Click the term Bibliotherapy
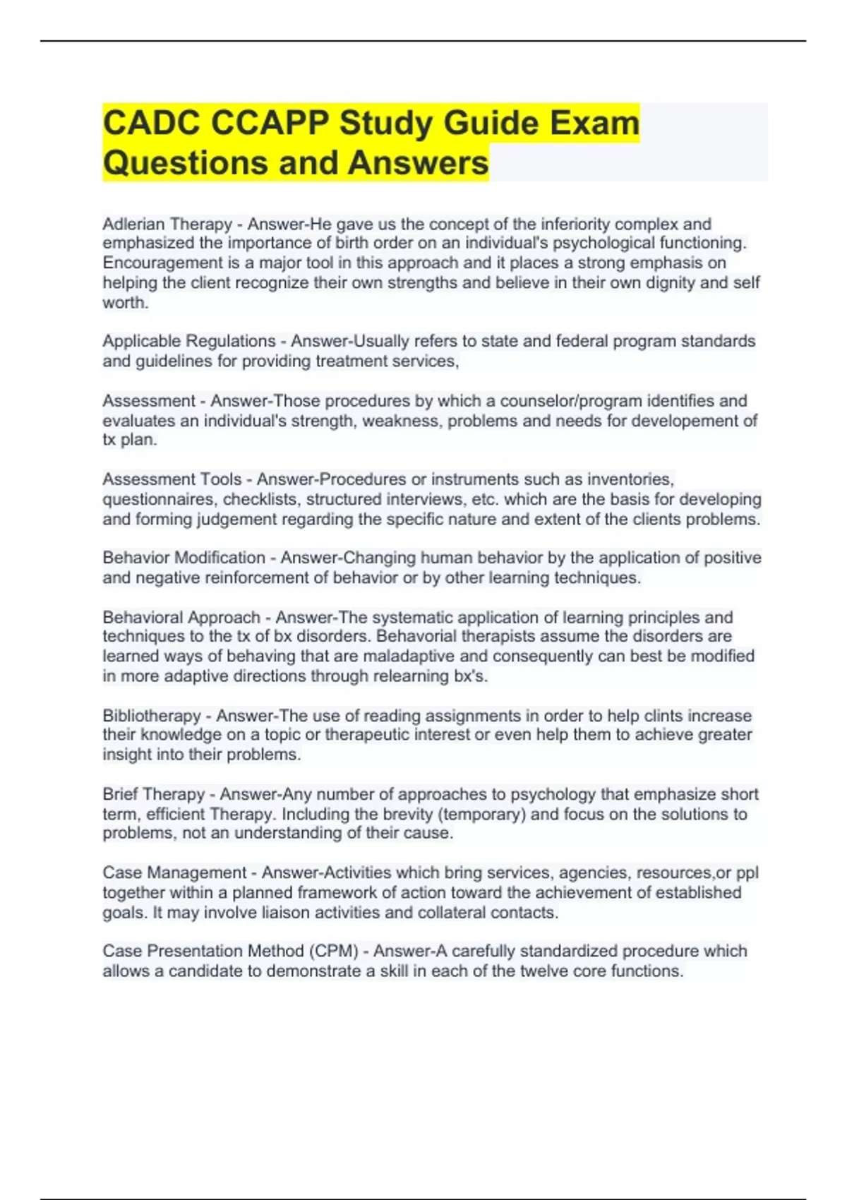pos(152,715)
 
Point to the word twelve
pos(543,971)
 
